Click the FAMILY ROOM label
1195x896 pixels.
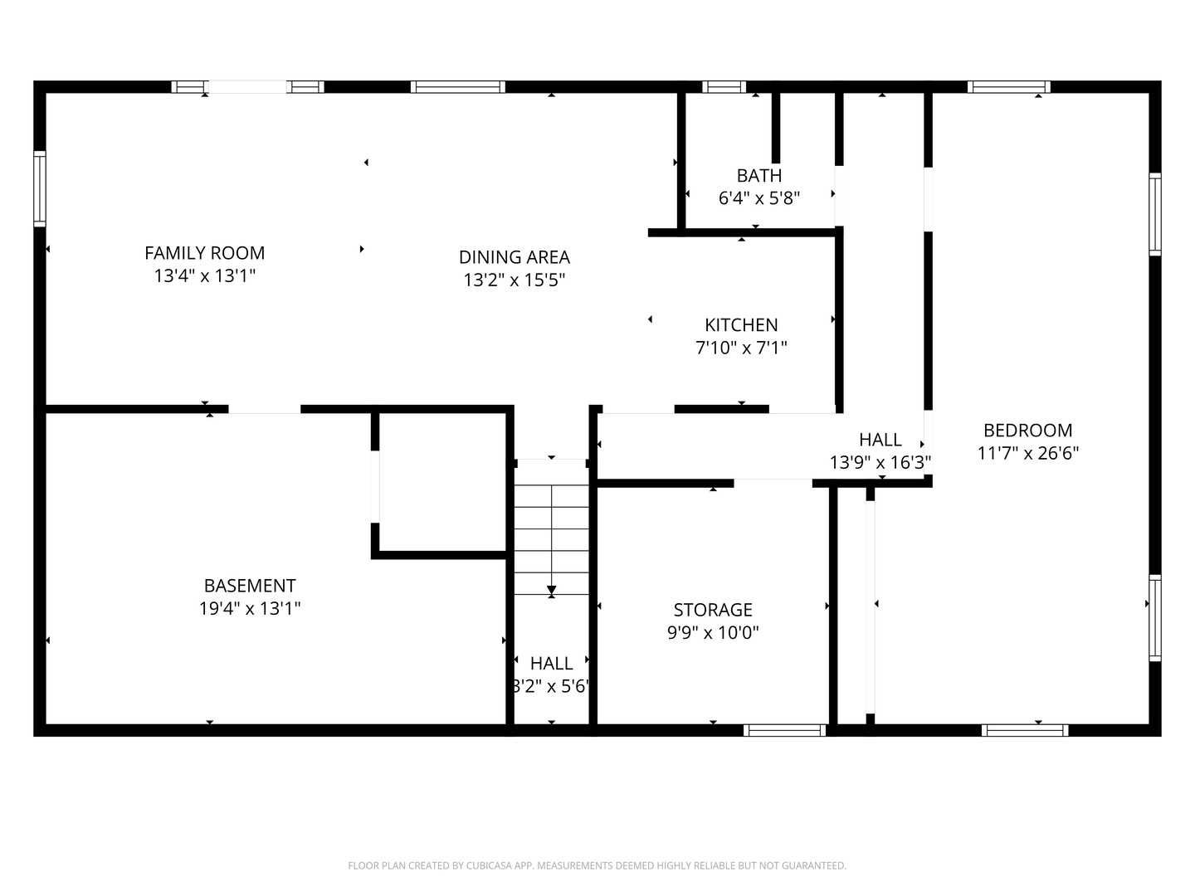pyautogui.click(x=204, y=253)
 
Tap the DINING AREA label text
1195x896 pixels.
pyautogui.click(x=514, y=257)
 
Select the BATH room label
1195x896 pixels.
pyautogui.click(x=758, y=175)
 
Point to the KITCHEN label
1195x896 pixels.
pyautogui.click(x=741, y=325)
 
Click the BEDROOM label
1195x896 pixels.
pyautogui.click(x=1027, y=431)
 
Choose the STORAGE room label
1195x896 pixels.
pyautogui.click(x=713, y=610)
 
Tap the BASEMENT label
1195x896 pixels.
pyautogui.click(x=250, y=586)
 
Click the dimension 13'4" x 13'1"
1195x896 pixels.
pyautogui.click(x=204, y=276)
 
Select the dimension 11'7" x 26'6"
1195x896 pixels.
pyautogui.click(x=1027, y=454)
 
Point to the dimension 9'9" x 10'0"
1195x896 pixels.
pyautogui.click(x=713, y=633)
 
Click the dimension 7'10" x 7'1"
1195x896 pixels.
pyautogui.click(x=741, y=348)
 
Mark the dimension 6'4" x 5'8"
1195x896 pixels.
pyautogui.click(x=758, y=198)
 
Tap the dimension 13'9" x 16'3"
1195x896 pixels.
pyautogui.click(x=880, y=463)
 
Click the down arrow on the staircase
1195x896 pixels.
pyautogui.click(x=552, y=591)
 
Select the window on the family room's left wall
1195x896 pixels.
pyautogui.click(x=39, y=188)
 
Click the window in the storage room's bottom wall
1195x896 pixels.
pyautogui.click(x=785, y=730)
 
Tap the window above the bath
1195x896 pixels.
pyautogui.click(x=724, y=86)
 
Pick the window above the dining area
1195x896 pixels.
pyautogui.click(x=457, y=86)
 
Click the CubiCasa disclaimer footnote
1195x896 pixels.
pyautogui.click(x=597, y=865)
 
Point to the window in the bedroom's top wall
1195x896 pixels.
pyautogui.click(x=1008, y=86)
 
